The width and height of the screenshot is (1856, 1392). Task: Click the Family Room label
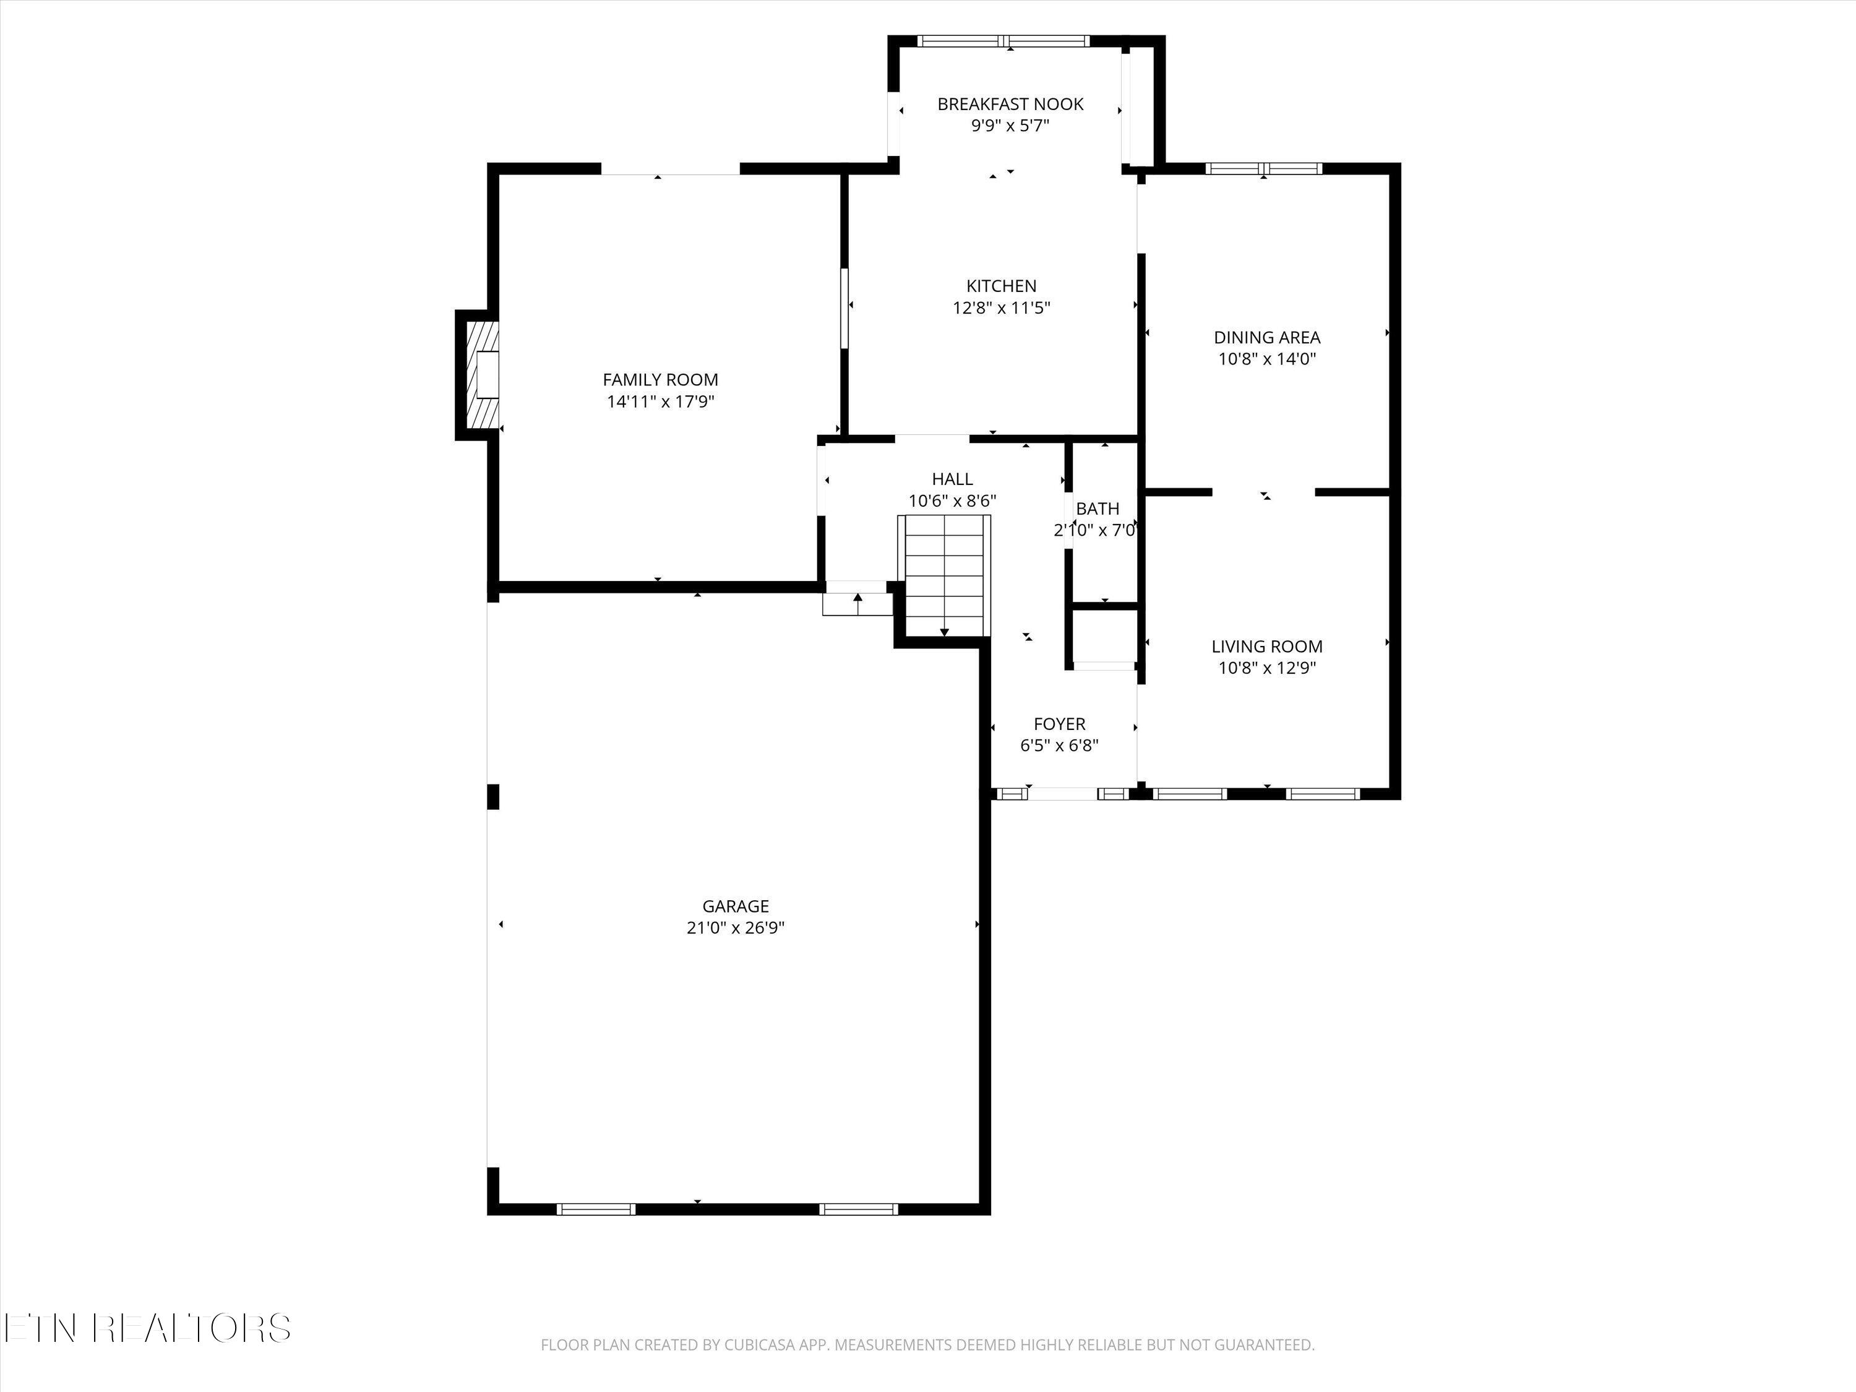660,380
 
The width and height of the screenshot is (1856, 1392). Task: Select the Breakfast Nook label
1010,104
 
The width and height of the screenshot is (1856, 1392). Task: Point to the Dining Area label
1267,337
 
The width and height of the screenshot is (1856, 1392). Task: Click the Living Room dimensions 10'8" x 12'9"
1267,668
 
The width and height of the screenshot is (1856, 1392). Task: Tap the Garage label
736,906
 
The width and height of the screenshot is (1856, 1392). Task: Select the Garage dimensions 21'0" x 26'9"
736,928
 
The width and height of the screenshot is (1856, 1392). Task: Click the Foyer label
1060,723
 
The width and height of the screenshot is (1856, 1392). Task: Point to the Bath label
1098,509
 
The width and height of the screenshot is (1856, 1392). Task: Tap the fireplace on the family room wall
478,375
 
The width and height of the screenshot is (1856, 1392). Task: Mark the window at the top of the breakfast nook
1003,40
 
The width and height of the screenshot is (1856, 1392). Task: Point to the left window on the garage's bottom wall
596,1209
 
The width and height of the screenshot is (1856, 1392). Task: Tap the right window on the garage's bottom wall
858,1209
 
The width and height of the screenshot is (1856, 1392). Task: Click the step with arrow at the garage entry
857,604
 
